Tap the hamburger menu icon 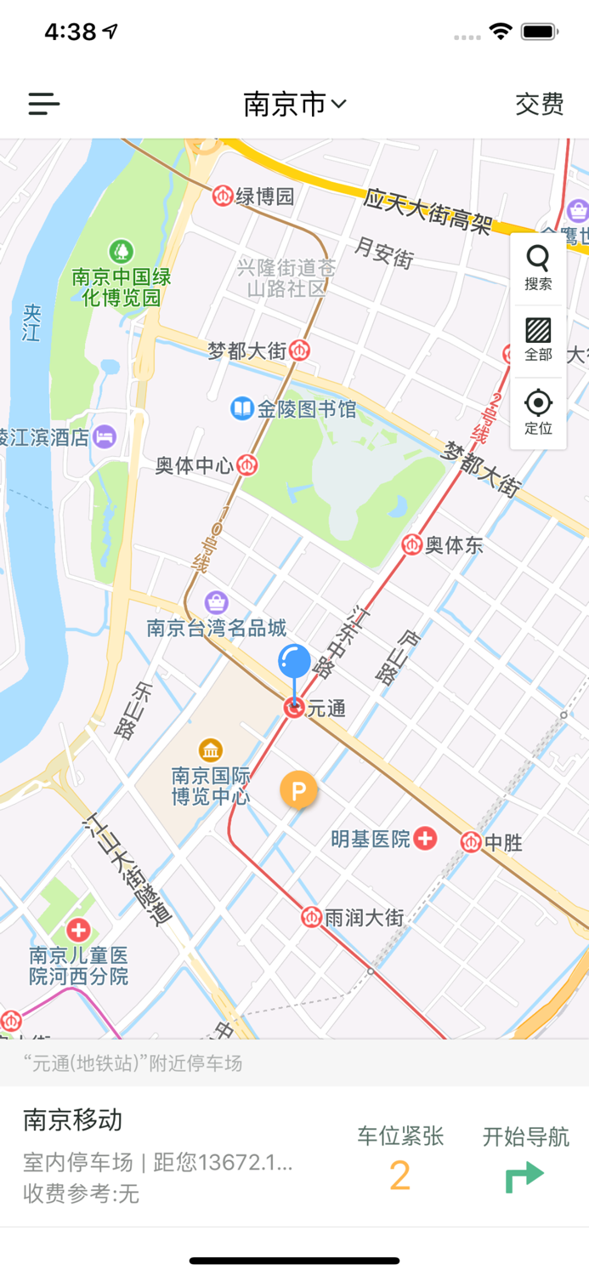click(44, 104)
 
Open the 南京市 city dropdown click(294, 104)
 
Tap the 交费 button click(539, 104)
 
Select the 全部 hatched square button click(538, 339)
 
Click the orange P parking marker click(298, 791)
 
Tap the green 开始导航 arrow click(524, 1176)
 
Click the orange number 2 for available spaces click(399, 1176)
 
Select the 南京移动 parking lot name click(73, 1119)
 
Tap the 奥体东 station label click(453, 544)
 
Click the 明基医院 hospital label click(371, 839)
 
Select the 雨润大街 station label click(364, 918)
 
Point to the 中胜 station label click(502, 843)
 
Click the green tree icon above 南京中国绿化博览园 click(122, 251)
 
